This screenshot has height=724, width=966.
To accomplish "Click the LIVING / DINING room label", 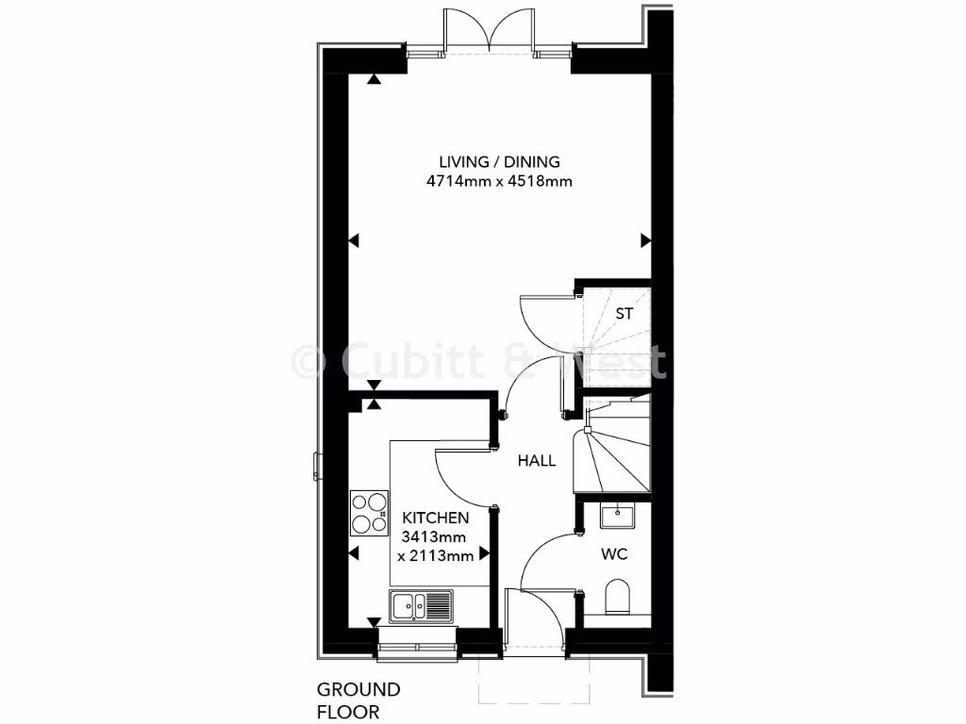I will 499,161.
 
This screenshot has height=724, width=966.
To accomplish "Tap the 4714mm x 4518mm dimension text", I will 499,181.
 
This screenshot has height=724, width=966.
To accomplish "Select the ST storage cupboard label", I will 624,314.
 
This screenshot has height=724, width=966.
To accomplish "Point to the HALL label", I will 536,461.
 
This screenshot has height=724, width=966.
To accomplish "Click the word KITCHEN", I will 436,518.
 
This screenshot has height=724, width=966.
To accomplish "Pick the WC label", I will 614,553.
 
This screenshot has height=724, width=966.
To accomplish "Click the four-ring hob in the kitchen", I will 368,513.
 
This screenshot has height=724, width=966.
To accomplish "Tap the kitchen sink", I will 421,604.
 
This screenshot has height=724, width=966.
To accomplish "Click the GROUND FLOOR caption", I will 358,700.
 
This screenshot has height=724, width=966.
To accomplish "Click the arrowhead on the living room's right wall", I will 646,240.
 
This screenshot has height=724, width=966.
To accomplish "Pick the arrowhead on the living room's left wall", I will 355,241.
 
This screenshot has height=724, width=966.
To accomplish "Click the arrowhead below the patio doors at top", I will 375,81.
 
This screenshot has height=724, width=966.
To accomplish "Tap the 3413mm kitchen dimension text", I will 436,537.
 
